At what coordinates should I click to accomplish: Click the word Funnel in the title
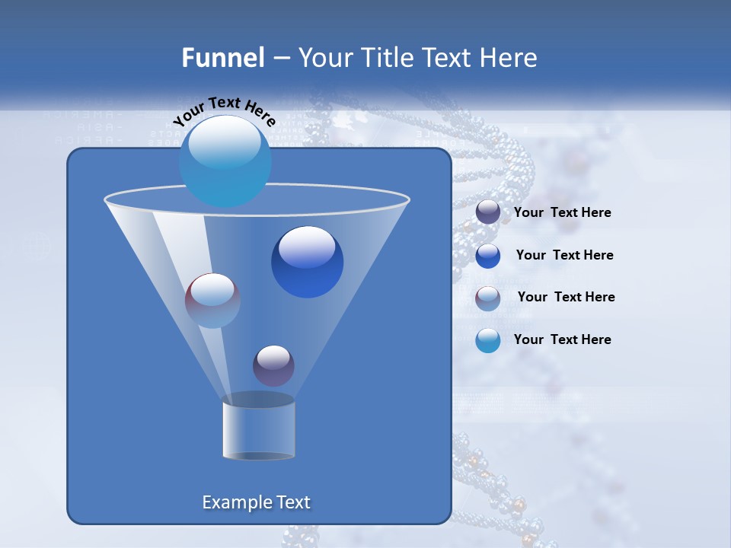coord(222,58)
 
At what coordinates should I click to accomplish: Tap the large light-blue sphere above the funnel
coord(225,161)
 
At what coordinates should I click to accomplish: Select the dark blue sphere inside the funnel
coord(307,262)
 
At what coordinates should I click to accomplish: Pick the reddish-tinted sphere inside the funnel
coord(212,301)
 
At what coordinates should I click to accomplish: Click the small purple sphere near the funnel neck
coord(273,365)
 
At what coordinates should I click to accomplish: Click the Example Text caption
coord(256,502)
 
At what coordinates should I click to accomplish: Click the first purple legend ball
coord(488,212)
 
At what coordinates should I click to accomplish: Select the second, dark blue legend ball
coord(488,256)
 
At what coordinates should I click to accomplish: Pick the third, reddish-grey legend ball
coord(488,298)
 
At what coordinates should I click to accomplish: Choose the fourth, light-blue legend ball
coord(488,340)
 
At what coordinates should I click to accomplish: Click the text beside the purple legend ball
coord(562,213)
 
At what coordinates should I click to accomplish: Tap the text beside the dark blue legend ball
coord(564,256)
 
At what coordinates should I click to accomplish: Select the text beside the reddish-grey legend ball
coord(566,298)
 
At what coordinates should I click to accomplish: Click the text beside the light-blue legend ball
coord(562,340)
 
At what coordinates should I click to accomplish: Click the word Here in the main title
coord(509,58)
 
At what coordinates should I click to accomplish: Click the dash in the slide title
coord(280,59)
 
